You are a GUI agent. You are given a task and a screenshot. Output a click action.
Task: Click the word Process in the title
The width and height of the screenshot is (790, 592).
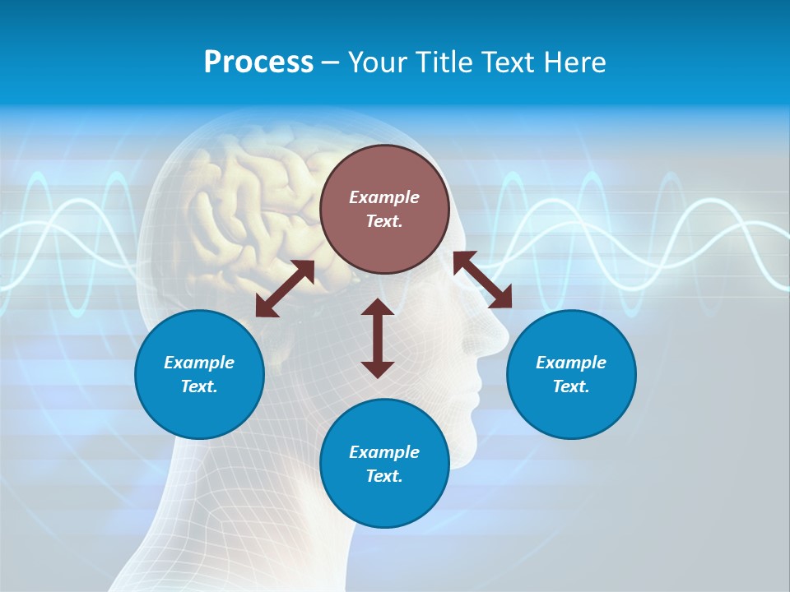(x=258, y=62)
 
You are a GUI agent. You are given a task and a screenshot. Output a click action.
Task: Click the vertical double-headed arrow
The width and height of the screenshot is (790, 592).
(x=378, y=338)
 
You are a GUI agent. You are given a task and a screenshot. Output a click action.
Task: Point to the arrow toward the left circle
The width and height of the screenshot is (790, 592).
(x=285, y=289)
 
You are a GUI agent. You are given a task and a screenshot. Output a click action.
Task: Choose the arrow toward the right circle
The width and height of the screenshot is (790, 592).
(x=482, y=280)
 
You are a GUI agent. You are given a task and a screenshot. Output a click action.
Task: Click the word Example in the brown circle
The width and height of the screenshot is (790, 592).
(x=384, y=197)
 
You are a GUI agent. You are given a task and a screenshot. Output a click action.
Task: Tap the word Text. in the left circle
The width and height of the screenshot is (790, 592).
(x=199, y=386)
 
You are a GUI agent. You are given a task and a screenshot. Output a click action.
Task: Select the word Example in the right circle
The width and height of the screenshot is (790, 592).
(x=571, y=363)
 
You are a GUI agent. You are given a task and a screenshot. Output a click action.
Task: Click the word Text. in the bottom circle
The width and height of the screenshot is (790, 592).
(x=384, y=476)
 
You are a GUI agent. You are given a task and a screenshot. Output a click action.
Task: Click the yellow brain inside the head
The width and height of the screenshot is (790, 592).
(x=247, y=206)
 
